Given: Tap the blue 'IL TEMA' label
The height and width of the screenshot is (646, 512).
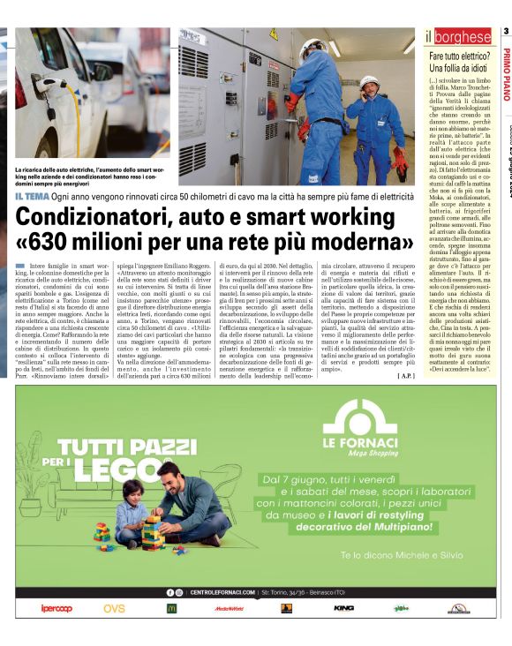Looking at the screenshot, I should pos(31,196).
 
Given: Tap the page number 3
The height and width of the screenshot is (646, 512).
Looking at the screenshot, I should pos(506,32).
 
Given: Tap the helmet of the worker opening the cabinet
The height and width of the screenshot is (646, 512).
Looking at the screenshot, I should pos(312,45).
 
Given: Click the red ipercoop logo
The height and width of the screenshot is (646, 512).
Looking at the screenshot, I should pos(56,608).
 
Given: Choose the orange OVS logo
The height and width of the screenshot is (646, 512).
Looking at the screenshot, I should pos(114,608).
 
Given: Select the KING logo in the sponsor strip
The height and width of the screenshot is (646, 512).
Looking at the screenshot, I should pos(343,608).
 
